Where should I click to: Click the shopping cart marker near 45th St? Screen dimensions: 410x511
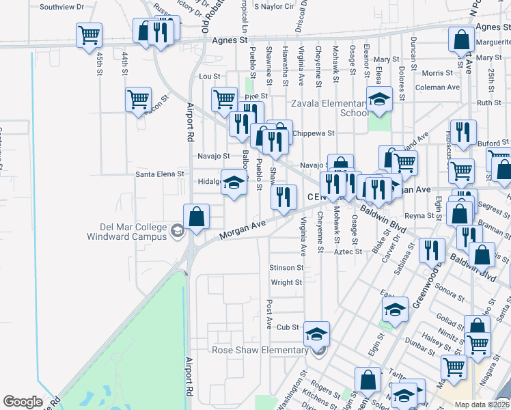(x=89, y=35)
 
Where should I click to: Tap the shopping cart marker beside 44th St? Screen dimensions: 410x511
(x=139, y=98)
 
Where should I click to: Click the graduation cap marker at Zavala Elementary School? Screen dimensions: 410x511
(x=379, y=98)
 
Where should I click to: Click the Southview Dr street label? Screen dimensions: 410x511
(x=61, y=7)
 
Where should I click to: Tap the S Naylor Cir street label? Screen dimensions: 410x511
(x=273, y=6)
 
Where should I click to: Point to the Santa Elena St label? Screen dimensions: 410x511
(x=160, y=174)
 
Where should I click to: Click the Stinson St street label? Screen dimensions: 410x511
(x=286, y=268)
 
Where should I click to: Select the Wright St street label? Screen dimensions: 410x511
(x=286, y=282)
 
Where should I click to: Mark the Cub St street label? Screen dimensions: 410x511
(x=288, y=327)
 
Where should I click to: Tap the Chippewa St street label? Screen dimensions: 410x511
(x=313, y=133)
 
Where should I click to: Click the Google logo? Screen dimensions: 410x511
(x=23, y=402)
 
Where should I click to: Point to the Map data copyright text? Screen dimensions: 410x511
(x=481, y=404)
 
